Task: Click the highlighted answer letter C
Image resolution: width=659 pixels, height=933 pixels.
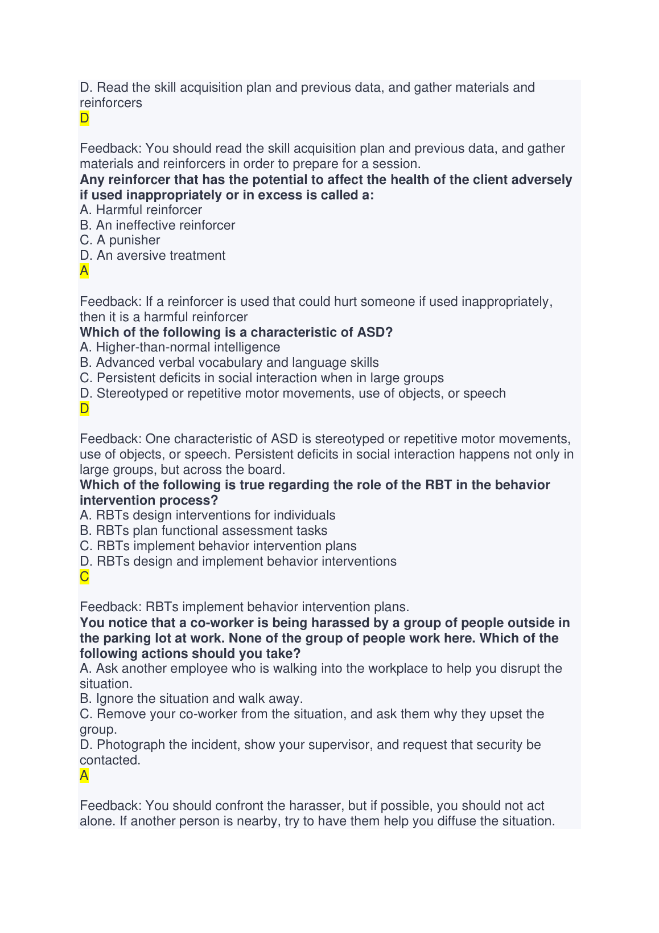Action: [84, 577]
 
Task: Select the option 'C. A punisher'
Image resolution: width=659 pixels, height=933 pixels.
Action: [120, 240]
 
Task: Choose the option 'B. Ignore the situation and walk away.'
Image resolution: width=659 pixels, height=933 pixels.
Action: [191, 699]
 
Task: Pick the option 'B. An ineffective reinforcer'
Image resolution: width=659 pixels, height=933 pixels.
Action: [158, 226]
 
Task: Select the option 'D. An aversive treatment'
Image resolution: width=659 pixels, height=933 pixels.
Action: [153, 256]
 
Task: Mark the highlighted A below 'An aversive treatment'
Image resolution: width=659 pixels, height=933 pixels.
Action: [84, 271]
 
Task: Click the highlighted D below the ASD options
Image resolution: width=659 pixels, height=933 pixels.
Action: [84, 408]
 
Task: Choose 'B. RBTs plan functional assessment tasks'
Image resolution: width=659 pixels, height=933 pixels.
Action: [204, 531]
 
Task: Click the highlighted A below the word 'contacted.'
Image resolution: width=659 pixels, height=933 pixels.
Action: [84, 776]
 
